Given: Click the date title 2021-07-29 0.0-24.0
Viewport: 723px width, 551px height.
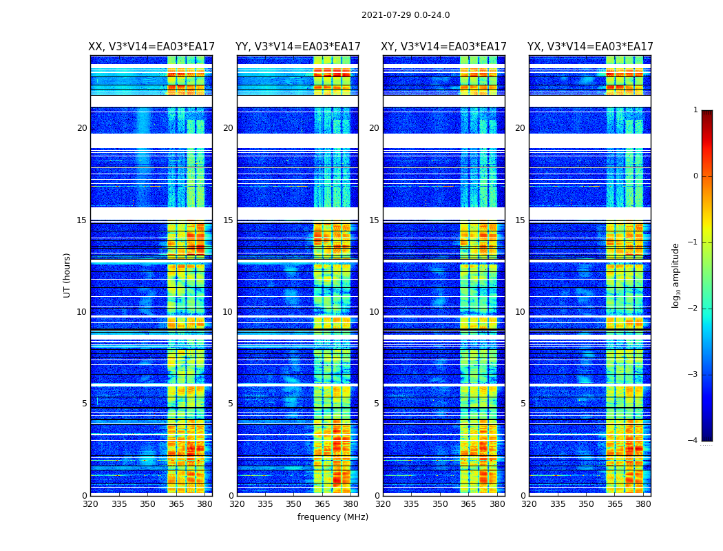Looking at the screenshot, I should coord(406,15).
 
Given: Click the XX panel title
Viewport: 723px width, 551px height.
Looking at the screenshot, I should coord(151,47).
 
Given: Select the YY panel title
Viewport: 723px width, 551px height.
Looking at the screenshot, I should coord(297,47).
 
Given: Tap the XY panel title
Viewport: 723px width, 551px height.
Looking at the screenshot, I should coord(444,47).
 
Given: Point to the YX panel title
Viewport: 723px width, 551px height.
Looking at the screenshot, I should coord(590,47).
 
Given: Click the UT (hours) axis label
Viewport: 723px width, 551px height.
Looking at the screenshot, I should coord(67,275).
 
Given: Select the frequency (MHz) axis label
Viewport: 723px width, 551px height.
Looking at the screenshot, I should coord(333,517).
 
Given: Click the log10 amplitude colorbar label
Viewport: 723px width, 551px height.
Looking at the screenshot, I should coord(676,275).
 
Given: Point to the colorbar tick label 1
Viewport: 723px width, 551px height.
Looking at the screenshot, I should coord(695,110).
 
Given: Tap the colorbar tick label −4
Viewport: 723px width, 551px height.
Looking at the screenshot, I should coord(693,441).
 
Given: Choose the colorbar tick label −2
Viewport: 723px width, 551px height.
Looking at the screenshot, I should coord(693,309).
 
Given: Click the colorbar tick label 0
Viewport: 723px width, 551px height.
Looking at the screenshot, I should coord(695,176).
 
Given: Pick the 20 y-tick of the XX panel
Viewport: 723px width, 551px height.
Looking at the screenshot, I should coord(82,128).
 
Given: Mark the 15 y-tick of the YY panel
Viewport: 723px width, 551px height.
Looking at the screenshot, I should coord(228,220).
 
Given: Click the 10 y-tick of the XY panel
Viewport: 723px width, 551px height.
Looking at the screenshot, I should coord(374,312).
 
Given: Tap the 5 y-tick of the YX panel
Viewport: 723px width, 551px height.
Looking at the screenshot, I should coord(523,404).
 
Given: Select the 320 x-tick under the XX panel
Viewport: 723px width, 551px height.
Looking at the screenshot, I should coord(90,504).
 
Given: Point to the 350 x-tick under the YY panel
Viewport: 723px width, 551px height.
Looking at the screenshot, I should coord(294,504).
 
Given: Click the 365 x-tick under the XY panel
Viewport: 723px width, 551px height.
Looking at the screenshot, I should coord(468,504).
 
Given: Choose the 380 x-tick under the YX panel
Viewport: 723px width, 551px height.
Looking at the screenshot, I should coord(643,504).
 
